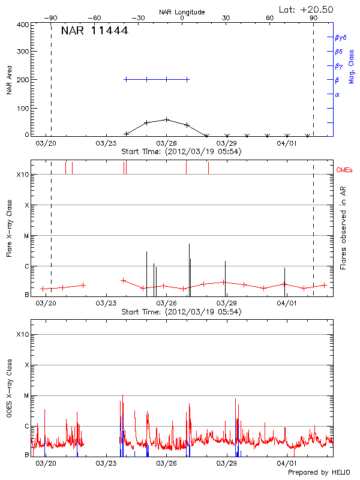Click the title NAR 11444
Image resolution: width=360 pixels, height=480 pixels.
pyautogui.click(x=94, y=31)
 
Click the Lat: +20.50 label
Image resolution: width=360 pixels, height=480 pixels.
pyautogui.click(x=307, y=9)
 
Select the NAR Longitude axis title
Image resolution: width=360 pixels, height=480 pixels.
pyautogui.click(x=182, y=12)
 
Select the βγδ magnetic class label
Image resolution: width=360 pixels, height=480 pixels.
pyautogui.click(x=341, y=37)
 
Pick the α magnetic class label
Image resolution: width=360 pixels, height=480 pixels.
pyautogui.click(x=337, y=94)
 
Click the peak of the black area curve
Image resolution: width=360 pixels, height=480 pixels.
pyautogui.click(x=167, y=119)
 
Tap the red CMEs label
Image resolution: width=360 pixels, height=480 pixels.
pyautogui.click(x=345, y=170)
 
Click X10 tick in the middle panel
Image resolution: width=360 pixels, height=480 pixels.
pyautogui.click(x=22, y=175)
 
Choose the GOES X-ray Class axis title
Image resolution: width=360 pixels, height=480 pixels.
pyautogui.click(x=10, y=390)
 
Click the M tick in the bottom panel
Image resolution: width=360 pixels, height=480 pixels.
pyautogui.click(x=26, y=395)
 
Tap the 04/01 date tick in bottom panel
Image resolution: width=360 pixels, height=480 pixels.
pyautogui.click(x=287, y=463)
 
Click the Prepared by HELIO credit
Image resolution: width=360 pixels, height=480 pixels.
pyautogui.click(x=319, y=473)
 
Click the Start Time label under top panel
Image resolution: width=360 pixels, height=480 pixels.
pyautogui.click(x=181, y=152)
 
